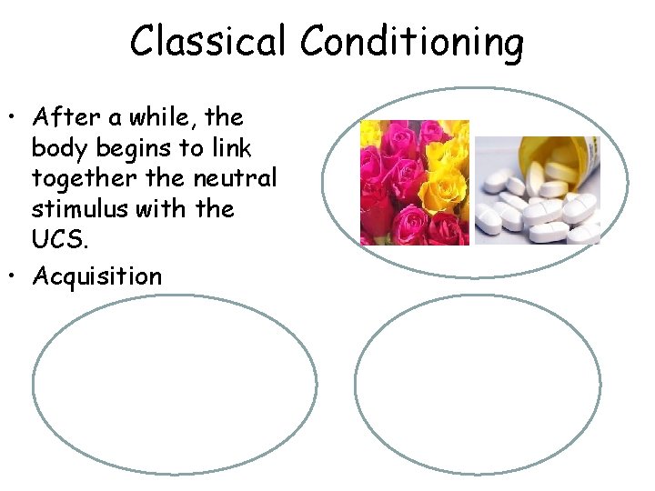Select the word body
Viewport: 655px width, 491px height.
[x=55, y=148]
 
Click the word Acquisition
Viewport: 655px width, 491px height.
[x=97, y=276]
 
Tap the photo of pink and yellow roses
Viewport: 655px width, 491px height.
[x=414, y=182]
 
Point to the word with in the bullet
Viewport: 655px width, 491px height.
[x=185, y=210]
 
